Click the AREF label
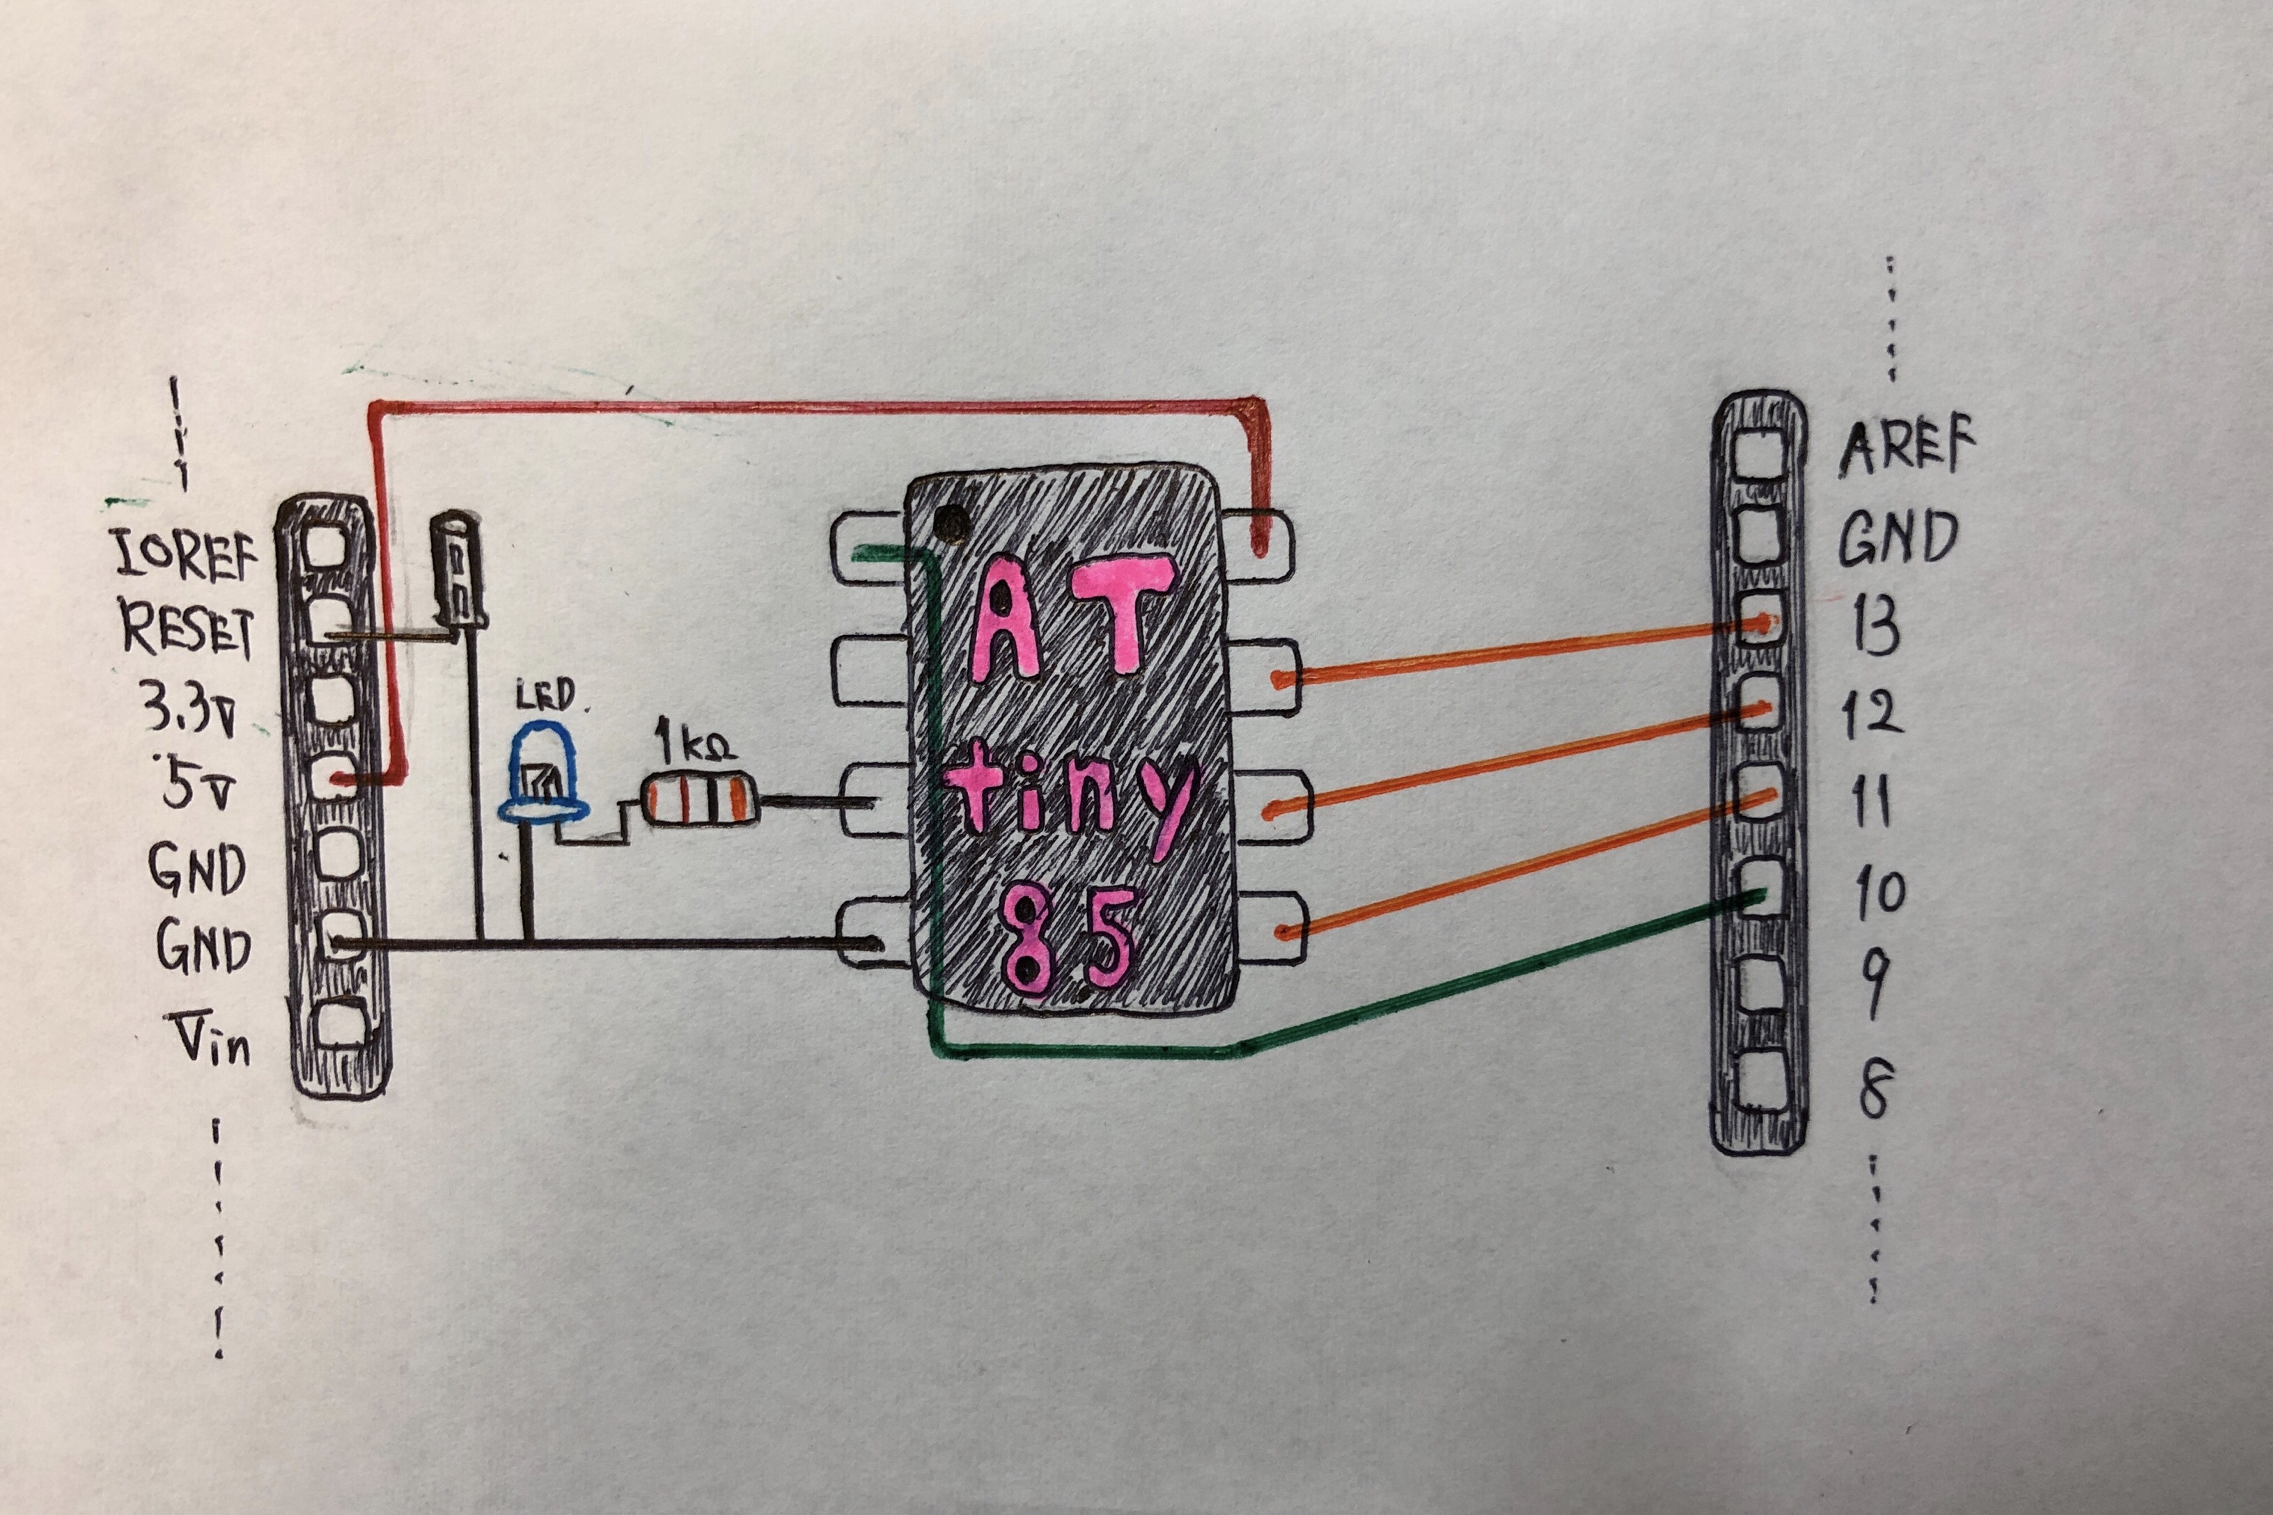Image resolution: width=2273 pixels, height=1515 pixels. tap(1906, 448)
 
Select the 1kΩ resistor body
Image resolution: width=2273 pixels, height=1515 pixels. tap(698, 800)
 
